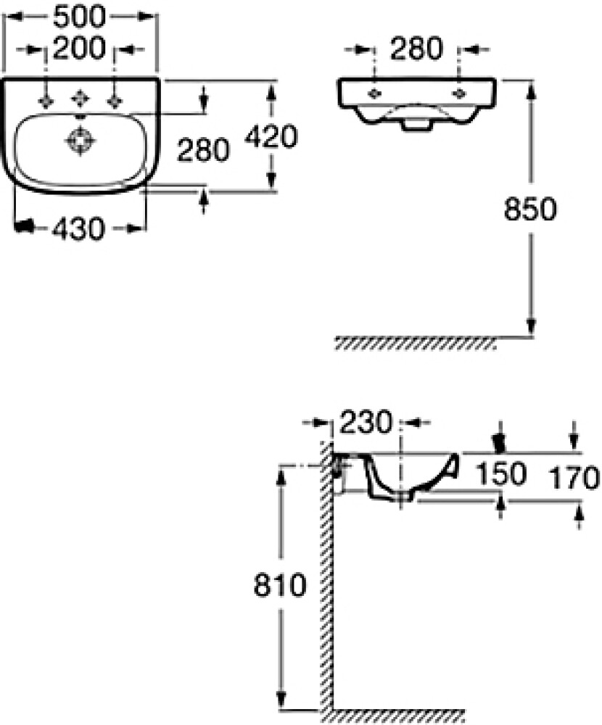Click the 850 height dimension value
pyautogui.click(x=530, y=210)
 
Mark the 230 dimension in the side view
pyautogui.click(x=365, y=421)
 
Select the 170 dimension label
pyautogui.click(x=574, y=478)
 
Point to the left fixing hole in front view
pyautogui.click(x=375, y=93)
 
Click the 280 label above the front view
pyautogui.click(x=416, y=49)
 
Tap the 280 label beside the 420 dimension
pyautogui.click(x=204, y=151)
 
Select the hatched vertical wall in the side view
pyautogui.click(x=327, y=580)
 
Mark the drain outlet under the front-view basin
pyautogui.click(x=414, y=125)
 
